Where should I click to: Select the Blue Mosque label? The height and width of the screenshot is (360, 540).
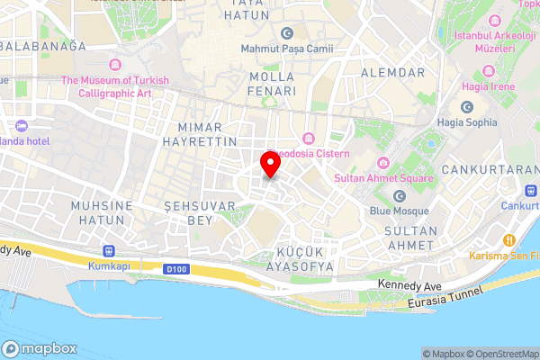[x=397, y=211]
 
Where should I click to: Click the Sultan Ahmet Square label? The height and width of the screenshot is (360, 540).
[x=383, y=177]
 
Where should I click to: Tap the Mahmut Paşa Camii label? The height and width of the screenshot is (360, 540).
[x=287, y=48]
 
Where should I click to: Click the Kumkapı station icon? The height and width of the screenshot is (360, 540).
[x=110, y=251]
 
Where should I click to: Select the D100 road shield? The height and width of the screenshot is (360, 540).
[x=175, y=268]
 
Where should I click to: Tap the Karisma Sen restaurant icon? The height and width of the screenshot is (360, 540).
[x=508, y=240]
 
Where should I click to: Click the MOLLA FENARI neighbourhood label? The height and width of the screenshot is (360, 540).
[x=273, y=84]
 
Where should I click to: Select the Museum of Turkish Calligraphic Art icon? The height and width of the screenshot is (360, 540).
[x=114, y=64]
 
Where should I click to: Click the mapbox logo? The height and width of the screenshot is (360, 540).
[x=40, y=348]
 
